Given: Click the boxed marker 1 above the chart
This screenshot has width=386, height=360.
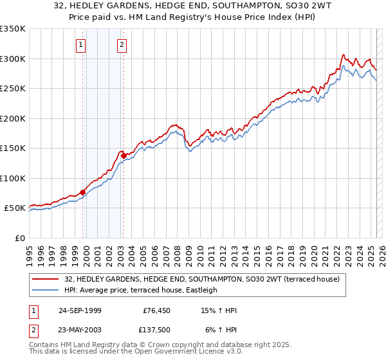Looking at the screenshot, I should point(81,44).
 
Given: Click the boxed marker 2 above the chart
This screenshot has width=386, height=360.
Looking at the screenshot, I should point(122,44).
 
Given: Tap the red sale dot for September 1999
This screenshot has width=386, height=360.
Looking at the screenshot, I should point(83,192).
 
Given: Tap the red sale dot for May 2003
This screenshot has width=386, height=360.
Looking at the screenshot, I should point(124,156).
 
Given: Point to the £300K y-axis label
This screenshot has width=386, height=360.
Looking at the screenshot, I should point(13,59).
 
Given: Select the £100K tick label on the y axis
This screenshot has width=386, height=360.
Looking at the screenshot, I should point(13,178).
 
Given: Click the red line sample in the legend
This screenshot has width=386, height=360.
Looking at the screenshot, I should point(46,279).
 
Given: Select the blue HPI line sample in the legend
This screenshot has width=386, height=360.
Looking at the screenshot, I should point(46,290).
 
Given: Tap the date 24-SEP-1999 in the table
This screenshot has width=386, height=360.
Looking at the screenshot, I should point(80,310).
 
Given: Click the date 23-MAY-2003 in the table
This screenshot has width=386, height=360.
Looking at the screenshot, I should point(80,331).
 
